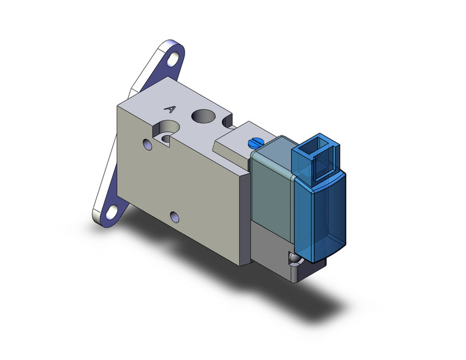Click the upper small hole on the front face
tap(147, 145)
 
